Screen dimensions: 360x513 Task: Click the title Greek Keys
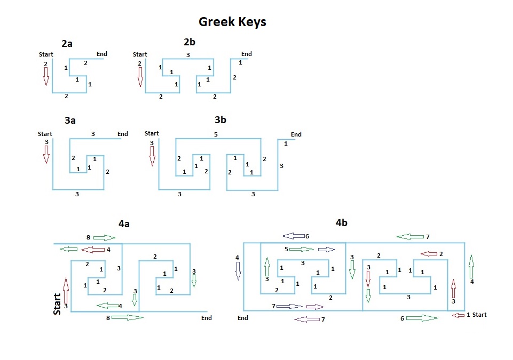click(x=232, y=22)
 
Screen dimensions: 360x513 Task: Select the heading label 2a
click(x=67, y=44)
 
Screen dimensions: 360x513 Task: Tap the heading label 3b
click(x=220, y=119)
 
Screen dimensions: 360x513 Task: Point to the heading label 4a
click(x=124, y=224)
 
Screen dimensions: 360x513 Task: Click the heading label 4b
click(x=342, y=222)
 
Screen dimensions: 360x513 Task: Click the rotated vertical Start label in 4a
click(x=57, y=303)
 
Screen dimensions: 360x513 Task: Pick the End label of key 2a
click(x=101, y=54)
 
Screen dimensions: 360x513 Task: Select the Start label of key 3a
click(x=45, y=134)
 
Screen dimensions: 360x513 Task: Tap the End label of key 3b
click(x=296, y=134)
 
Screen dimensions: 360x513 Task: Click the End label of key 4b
click(x=243, y=318)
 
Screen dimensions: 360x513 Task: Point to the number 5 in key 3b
click(x=216, y=134)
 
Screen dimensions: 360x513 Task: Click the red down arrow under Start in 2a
click(x=46, y=77)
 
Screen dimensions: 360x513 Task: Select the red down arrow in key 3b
click(x=152, y=156)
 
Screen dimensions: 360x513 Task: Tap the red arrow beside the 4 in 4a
click(x=93, y=249)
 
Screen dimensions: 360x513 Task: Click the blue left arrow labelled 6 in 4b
click(x=293, y=236)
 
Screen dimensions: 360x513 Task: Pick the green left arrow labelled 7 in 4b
click(x=410, y=236)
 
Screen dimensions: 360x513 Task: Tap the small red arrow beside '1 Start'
click(x=458, y=315)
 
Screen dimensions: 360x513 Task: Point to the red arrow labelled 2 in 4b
click(x=429, y=253)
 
